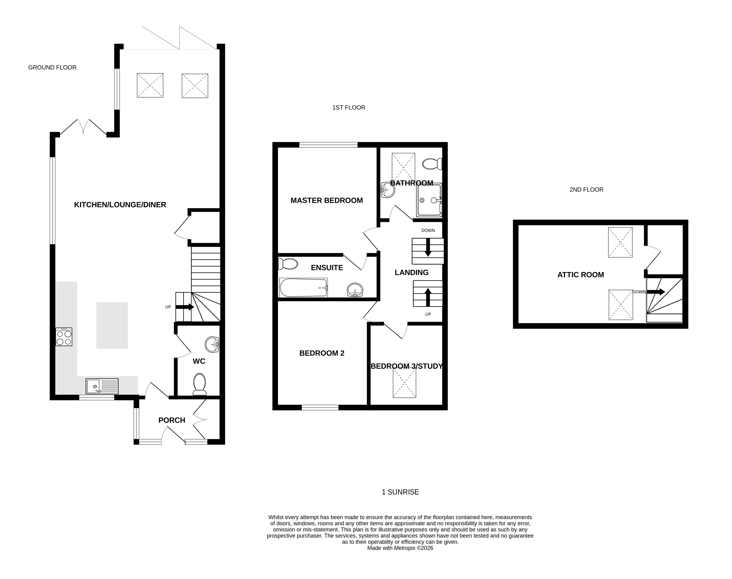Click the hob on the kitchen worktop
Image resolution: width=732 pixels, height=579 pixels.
tap(64, 337)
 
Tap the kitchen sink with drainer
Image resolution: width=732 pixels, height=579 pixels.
tap(102, 386)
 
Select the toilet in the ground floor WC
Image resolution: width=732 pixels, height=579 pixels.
tap(199, 384)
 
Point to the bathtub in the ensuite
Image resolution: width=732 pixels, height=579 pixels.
tap(303, 287)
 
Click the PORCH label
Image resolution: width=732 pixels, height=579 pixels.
tap(172, 420)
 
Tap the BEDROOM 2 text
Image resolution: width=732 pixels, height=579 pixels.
tap(322, 353)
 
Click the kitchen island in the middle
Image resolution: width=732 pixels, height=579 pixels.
tap(112, 325)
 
